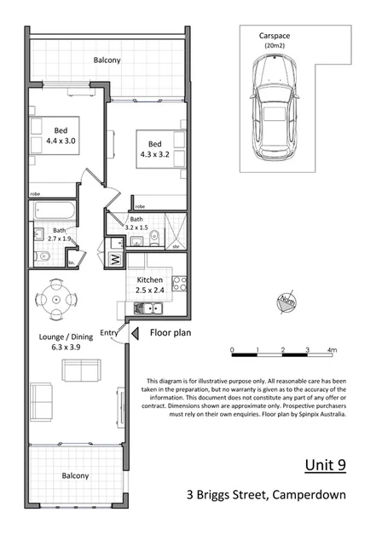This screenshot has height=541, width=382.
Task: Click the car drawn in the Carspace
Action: point(275,112)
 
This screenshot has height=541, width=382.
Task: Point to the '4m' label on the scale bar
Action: point(332,350)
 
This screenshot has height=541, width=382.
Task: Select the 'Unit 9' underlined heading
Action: point(325,465)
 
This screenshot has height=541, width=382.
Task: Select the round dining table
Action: point(56,299)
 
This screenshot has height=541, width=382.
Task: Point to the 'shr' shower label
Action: point(176,246)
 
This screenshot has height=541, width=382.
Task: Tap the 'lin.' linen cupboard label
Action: point(70,263)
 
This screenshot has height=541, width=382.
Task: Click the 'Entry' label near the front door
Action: point(109,332)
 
